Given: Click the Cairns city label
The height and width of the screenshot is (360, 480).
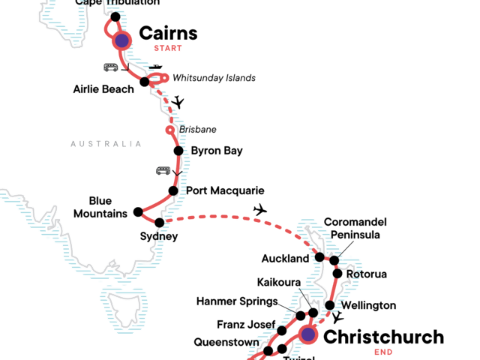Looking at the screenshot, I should coord(169,33).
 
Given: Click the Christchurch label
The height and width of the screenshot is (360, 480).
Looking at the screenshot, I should coord(383,337).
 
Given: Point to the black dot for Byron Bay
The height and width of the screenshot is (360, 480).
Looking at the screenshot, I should coord(178,151).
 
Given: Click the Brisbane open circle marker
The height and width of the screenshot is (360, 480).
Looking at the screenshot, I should coord(170,130).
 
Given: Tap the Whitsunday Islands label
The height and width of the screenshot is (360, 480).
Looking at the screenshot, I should coord(214,78).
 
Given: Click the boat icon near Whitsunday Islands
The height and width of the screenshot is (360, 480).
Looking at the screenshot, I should coord(156,67).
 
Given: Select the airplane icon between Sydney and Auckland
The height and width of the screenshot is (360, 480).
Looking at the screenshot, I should coord(260,209).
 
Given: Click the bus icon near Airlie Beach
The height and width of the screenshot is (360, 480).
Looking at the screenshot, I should coord(111,67).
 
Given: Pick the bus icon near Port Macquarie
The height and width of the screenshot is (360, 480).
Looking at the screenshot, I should coord(163,170).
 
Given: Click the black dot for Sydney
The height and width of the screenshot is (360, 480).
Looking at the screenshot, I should coord(160,222).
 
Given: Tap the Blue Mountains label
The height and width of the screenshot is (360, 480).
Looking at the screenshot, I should coord(100,207).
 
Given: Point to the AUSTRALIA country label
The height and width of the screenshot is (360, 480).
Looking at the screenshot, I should coord(106,144).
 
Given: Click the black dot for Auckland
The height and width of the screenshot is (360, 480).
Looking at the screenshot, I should coord(319,257).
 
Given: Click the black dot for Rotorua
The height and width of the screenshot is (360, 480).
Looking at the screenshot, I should coord(337,274).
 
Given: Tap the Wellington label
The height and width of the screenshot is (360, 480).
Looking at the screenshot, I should coord(368,305).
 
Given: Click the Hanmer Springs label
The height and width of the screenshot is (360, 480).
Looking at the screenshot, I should coord(238,301).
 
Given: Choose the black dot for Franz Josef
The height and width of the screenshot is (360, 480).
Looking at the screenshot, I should coord(282,331).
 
